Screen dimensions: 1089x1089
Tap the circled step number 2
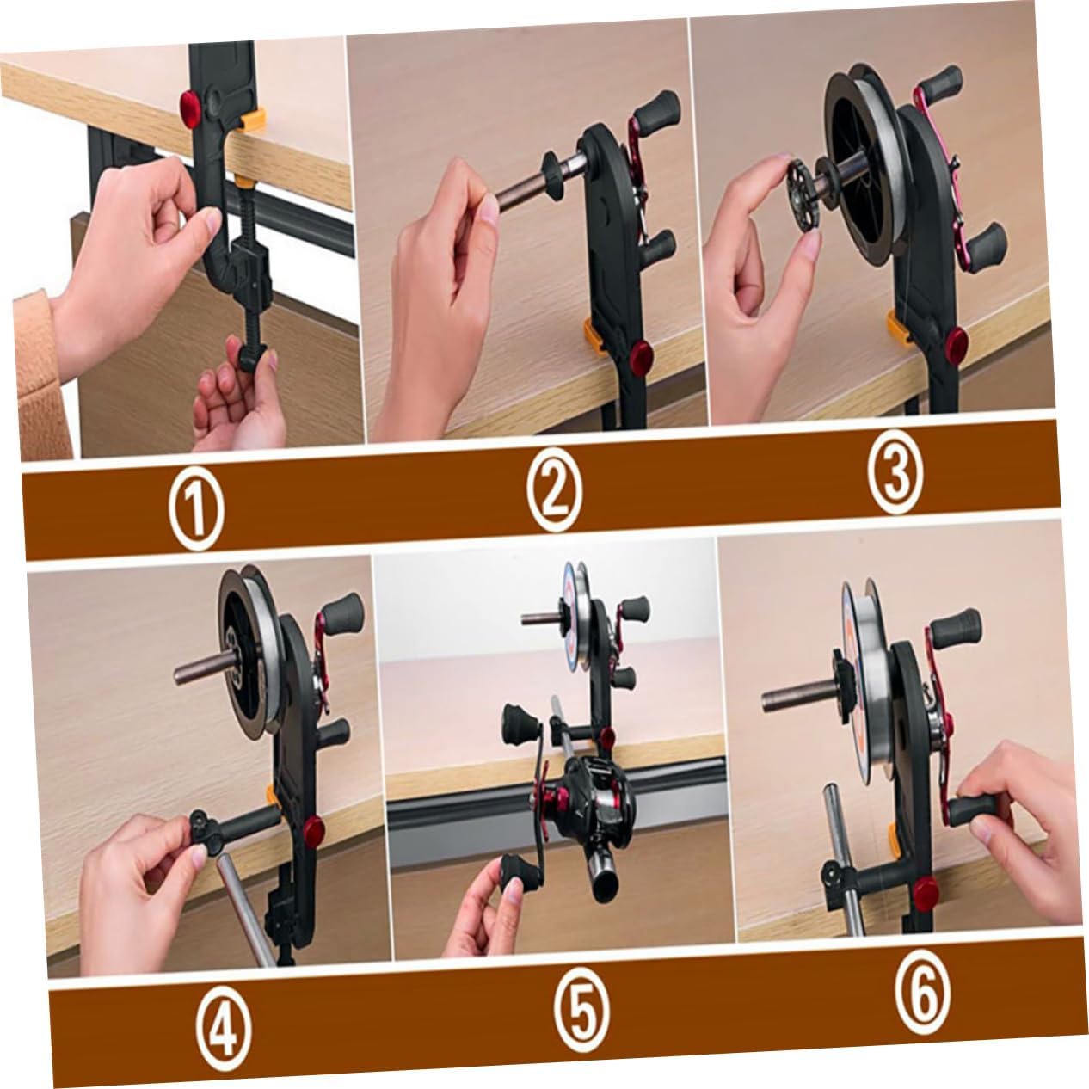(x=555, y=492)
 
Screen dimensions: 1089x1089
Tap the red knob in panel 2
(x=640, y=354)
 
